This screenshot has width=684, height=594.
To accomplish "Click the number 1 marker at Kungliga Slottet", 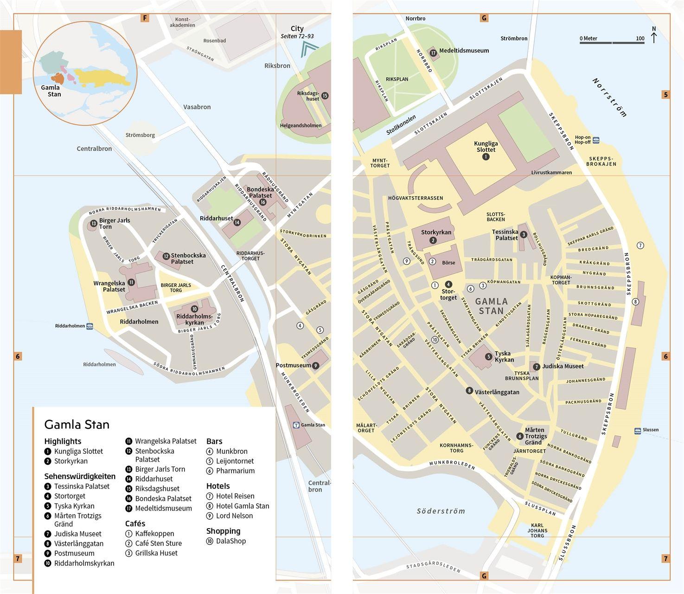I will click(x=486, y=157).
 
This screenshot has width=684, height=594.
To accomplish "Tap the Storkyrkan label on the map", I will click(x=436, y=232).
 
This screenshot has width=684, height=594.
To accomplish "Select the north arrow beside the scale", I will click(x=654, y=36).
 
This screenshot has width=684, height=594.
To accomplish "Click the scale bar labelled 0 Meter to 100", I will click(x=612, y=43).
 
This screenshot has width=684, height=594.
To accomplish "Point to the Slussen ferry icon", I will click(x=638, y=430).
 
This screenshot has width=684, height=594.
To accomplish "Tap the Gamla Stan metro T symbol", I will click(x=296, y=425).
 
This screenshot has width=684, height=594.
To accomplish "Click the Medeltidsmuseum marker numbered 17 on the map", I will click(x=433, y=53).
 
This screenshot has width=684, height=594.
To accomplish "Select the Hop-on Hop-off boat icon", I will click(x=596, y=140).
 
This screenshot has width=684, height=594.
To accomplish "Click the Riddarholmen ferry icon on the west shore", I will click(x=89, y=326).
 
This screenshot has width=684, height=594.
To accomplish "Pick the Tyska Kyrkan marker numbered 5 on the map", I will click(x=488, y=356).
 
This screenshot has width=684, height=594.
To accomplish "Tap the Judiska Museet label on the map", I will click(x=563, y=366).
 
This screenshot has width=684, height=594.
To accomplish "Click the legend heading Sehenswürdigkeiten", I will click(x=80, y=476).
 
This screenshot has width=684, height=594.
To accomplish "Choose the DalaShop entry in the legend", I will click(x=230, y=541).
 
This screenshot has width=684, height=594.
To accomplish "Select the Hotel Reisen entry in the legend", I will click(x=235, y=496).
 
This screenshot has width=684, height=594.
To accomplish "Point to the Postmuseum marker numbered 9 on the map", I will click(x=316, y=366).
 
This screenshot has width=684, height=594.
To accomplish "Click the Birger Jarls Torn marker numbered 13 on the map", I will click(x=94, y=224).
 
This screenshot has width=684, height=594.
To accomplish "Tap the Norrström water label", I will click(x=610, y=97).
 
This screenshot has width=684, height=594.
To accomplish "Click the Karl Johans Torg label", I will click(x=537, y=530).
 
